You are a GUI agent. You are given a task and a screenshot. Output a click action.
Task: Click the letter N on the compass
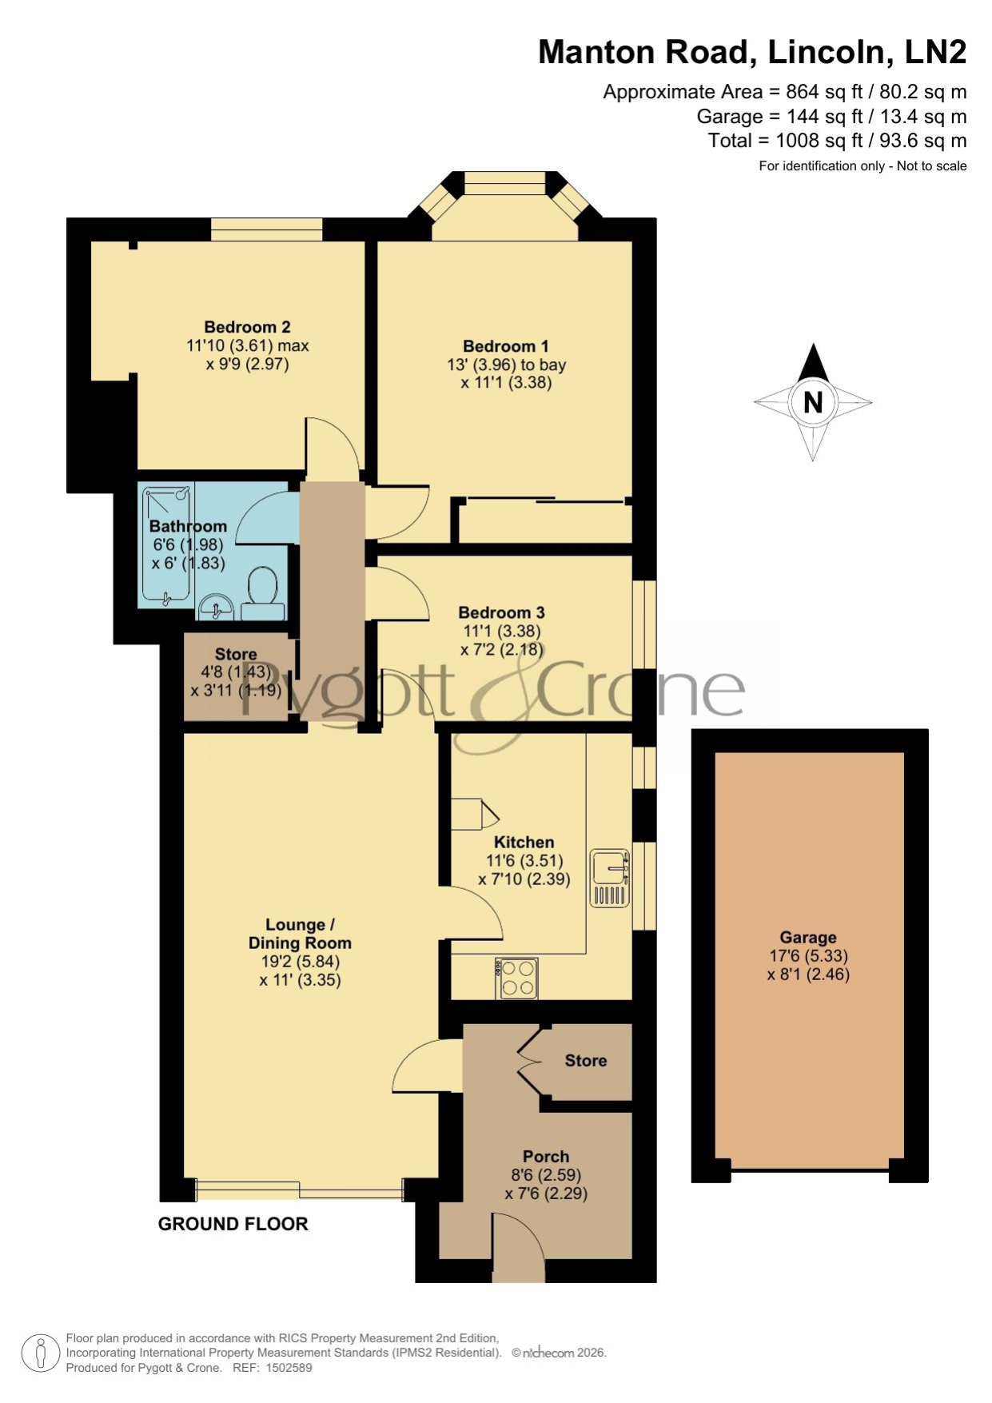coord(813,401)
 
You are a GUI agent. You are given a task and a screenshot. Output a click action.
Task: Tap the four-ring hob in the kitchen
coord(516,978)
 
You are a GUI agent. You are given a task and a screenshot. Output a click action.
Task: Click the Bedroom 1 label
coord(506,346)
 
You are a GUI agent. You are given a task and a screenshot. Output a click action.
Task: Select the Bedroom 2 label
coord(247,327)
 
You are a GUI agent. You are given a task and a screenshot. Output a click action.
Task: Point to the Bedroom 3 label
coord(501,612)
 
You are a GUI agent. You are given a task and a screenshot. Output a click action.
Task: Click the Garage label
coord(808,938)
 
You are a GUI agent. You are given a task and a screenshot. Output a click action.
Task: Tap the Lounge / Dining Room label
coord(300,934)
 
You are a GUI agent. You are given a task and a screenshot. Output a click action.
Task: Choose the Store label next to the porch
coord(586,1061)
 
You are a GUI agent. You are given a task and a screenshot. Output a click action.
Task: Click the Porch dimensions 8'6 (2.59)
coord(546,1175)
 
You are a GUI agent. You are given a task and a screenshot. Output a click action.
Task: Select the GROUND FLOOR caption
coord(233,1224)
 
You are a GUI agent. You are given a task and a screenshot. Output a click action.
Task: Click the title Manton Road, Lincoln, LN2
coord(752,52)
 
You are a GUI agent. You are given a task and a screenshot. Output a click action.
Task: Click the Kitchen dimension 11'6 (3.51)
coord(524,861)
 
